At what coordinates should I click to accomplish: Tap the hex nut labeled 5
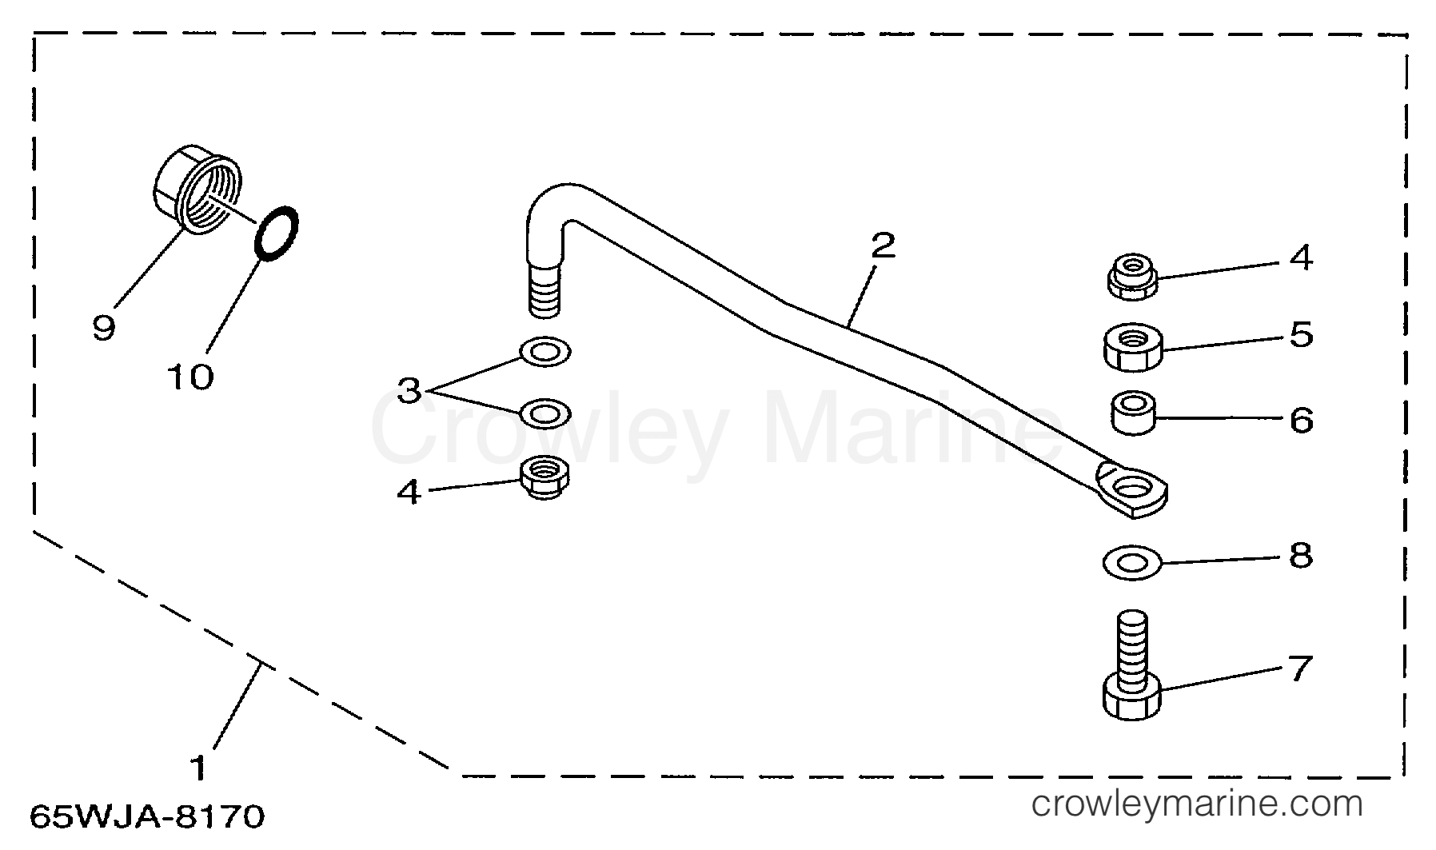pyautogui.click(x=1132, y=347)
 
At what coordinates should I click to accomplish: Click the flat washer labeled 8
pyautogui.click(x=1132, y=563)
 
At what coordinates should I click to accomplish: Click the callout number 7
pyautogui.click(x=1300, y=668)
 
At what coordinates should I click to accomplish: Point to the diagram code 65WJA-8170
pyautogui.click(x=147, y=817)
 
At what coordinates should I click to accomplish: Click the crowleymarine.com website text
pyautogui.click(x=1197, y=803)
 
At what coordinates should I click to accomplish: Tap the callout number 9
pyautogui.click(x=104, y=326)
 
